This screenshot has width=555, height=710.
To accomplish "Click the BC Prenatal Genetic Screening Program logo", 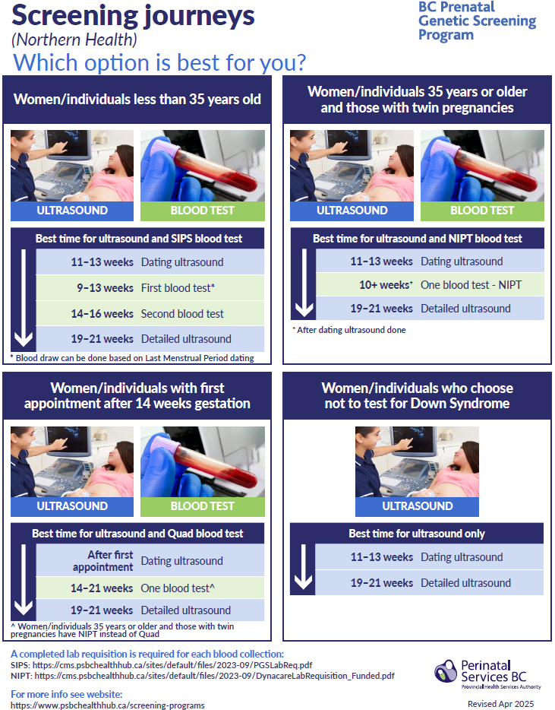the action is (477, 21).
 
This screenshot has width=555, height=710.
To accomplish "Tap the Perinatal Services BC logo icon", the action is (446, 670).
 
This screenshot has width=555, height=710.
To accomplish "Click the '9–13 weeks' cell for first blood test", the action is (105, 288).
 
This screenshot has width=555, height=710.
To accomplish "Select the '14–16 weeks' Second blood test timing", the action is (102, 314).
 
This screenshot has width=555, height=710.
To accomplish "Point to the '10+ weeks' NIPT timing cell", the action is (386, 285).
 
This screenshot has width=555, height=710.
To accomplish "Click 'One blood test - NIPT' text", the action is (471, 285).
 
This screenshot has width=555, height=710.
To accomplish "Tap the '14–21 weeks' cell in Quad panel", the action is (102, 588).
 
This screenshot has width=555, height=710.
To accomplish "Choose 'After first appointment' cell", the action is (103, 561).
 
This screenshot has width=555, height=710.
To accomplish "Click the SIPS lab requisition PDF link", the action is (172, 665).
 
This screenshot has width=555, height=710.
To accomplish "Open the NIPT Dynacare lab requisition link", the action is (214, 676).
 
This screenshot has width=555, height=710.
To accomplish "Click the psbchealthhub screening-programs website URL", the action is (108, 705).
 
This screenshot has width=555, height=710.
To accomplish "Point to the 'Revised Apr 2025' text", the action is (501, 704).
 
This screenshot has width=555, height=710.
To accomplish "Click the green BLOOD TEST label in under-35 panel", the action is (203, 211).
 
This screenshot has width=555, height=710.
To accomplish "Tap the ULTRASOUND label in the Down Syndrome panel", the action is (417, 506).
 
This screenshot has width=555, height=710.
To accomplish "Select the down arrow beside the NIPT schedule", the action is (304, 283).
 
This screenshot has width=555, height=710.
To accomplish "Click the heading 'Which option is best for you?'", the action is (159, 62).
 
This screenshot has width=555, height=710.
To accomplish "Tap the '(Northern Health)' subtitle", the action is (74, 40).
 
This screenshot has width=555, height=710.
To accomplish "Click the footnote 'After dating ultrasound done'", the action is (349, 330).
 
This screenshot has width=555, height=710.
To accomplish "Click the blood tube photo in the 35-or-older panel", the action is (482, 166).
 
